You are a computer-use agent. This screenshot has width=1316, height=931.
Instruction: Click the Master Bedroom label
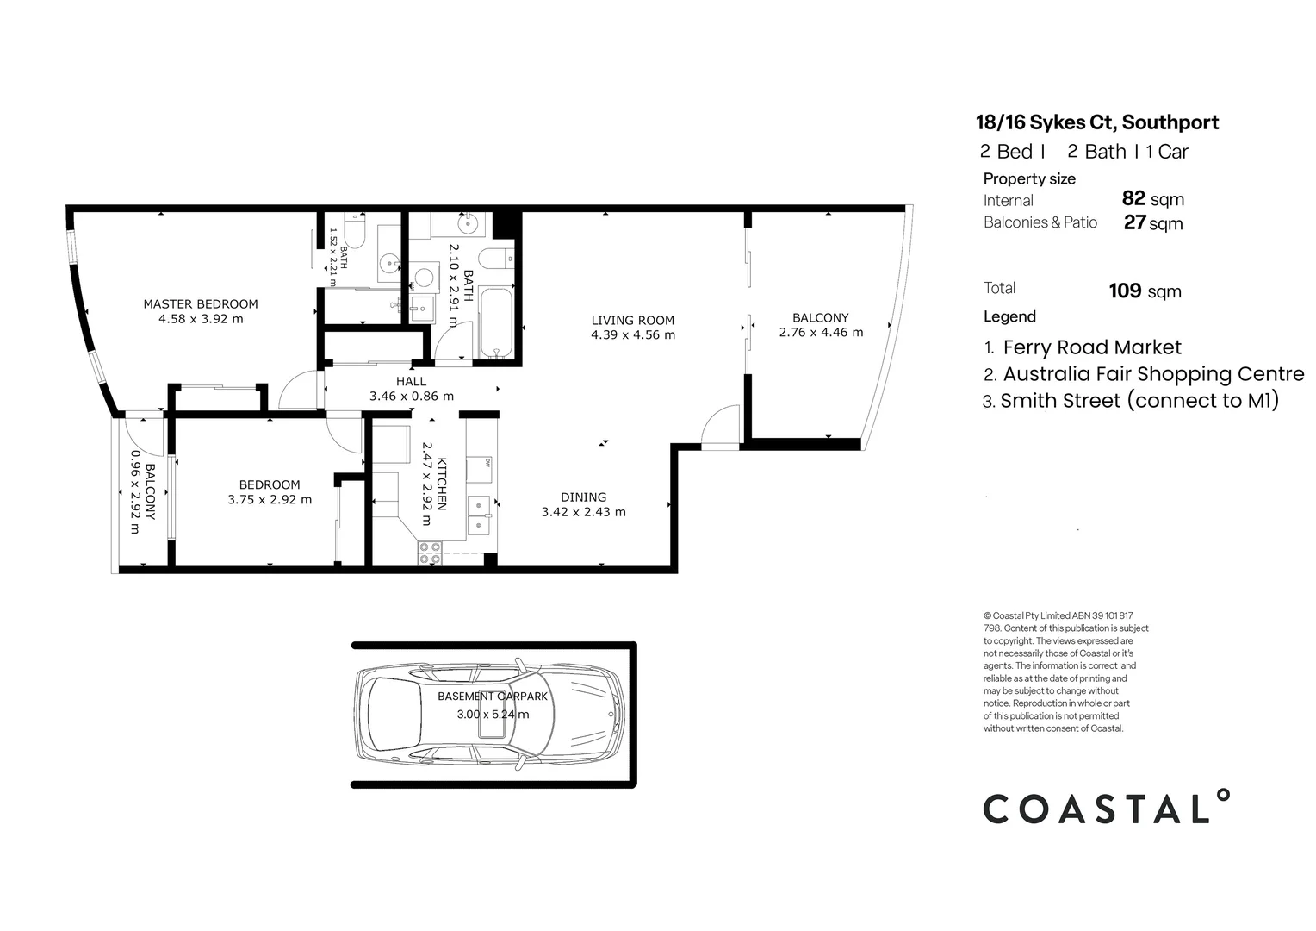pos(200,303)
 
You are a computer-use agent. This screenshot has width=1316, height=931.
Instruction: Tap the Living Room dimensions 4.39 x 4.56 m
pos(632,334)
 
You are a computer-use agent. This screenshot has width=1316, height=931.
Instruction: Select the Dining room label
pos(583,497)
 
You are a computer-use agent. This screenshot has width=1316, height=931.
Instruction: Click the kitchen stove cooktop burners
pos(429,553)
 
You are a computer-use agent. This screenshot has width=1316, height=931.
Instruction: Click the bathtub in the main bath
pos(495,323)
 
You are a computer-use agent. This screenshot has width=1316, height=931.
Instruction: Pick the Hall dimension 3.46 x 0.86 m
pos(411,397)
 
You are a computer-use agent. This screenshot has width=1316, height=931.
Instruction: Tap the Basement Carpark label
pos(492,696)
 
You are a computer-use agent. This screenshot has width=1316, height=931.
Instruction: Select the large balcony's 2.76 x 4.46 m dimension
pos(820,332)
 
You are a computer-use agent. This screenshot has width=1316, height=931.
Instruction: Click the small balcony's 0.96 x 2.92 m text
pos(134,491)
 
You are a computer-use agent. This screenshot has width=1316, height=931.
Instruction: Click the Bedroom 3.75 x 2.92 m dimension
pos(270,499)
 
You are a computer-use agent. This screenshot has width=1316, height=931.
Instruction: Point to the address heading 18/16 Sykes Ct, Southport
pos(1096,122)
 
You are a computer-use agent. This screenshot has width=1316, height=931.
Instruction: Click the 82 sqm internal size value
pos(1152,199)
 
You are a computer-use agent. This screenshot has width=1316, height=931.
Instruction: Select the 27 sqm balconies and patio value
pos(1152,223)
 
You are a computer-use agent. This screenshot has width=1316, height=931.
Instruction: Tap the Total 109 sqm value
pos(1145,291)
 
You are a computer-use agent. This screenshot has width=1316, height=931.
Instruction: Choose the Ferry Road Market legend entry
pos(1091,347)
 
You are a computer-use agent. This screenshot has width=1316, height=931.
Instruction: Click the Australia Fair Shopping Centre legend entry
pos(1152,374)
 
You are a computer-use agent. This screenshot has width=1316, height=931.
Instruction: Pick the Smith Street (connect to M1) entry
pos(1139,401)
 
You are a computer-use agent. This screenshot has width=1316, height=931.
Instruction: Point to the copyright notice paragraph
pos(1065,672)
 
